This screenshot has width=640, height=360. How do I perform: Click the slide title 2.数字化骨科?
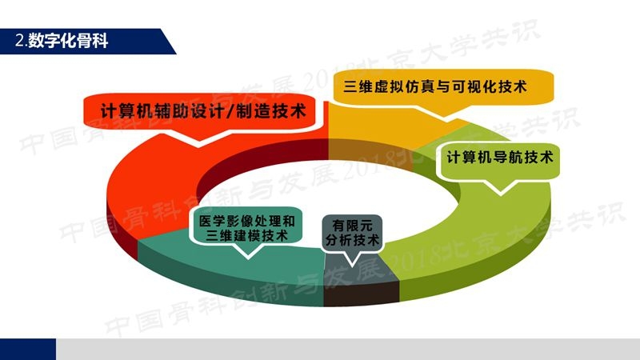click(62, 41)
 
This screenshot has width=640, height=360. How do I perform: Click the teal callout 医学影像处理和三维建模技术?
click(247, 228)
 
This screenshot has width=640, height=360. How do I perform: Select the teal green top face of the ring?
click(229, 262)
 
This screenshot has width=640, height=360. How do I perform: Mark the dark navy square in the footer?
click(28, 349)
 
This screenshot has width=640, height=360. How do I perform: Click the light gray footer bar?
click(348, 349)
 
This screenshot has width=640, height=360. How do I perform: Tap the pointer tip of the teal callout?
click(248, 258)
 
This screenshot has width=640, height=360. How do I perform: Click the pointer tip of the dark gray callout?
click(352, 266)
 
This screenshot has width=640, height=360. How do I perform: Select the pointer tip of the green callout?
click(501, 194)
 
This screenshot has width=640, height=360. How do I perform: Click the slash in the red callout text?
click(230, 111)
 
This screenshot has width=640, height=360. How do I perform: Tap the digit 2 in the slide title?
click(19, 41)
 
